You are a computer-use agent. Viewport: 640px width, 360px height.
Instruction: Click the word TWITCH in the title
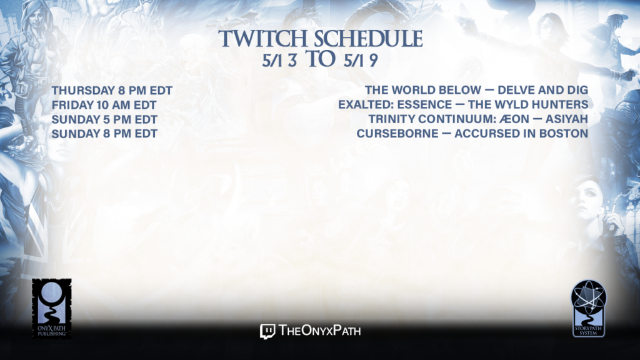point(262,39)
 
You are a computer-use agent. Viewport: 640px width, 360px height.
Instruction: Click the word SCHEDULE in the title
point(368,39)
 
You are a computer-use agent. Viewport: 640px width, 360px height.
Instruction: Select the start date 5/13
point(279,61)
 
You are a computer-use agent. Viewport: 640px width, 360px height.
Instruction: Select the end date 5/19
point(361,61)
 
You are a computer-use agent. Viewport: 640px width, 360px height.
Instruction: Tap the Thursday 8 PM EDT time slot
point(112,91)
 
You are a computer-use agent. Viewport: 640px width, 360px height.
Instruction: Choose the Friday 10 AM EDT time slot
point(104,105)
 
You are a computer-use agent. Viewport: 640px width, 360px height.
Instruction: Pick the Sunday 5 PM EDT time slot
point(104,119)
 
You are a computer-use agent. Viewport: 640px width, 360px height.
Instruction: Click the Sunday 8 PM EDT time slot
point(104,134)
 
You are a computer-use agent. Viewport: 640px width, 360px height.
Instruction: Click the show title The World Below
point(423,90)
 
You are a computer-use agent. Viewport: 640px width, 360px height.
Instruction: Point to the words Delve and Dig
point(543,90)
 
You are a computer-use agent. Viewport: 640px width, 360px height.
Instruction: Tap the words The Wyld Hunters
point(527,105)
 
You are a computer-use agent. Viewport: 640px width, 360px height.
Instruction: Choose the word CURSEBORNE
point(397,134)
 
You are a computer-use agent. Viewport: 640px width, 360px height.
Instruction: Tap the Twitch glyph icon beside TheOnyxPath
point(267,331)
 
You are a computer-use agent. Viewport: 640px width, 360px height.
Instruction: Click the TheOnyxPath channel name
point(319,331)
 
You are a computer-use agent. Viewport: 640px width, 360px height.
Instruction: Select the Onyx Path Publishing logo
point(51,309)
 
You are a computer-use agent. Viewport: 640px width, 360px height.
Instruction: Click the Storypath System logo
point(589,309)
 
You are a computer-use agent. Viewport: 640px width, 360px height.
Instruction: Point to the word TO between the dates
point(321,59)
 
